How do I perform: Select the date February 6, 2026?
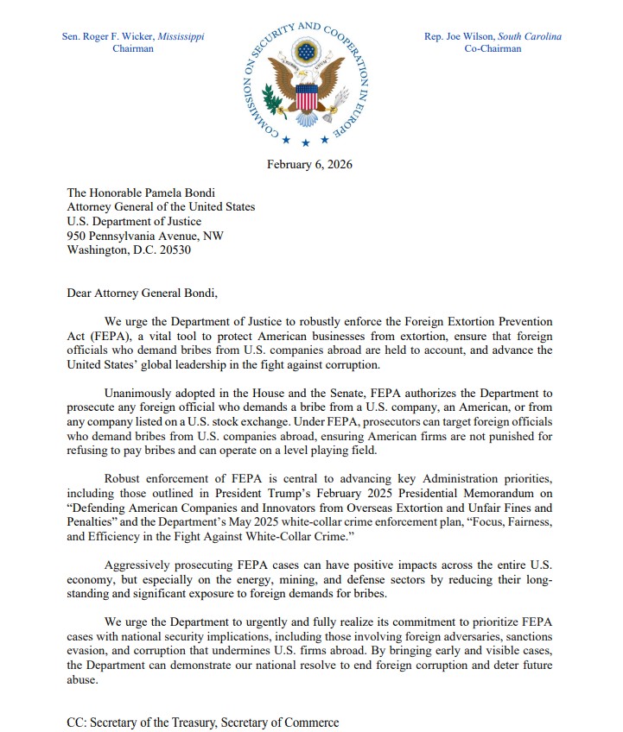click(309, 165)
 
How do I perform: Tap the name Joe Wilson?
click(466, 37)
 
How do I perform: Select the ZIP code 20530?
click(172, 251)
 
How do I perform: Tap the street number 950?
click(78, 237)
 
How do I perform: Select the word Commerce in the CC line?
click(310, 722)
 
